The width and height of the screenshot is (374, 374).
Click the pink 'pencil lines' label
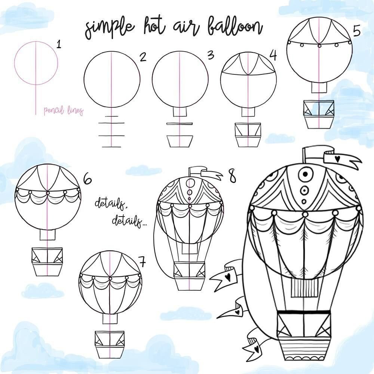tap(64, 111)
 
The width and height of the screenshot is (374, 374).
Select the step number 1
tap(59, 44)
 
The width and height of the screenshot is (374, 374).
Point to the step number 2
tap(143, 57)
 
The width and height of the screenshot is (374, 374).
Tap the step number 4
tap(273, 55)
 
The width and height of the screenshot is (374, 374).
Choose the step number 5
tap(356, 31)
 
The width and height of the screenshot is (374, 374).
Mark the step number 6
tap(87, 179)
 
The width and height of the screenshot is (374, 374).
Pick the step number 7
tap(142, 262)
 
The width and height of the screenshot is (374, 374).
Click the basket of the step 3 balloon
tap(180, 141)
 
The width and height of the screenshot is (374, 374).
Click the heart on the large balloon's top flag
tap(337, 159)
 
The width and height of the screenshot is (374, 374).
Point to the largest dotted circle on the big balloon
tap(305, 174)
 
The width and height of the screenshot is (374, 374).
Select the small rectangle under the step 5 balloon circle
tap(319, 88)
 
